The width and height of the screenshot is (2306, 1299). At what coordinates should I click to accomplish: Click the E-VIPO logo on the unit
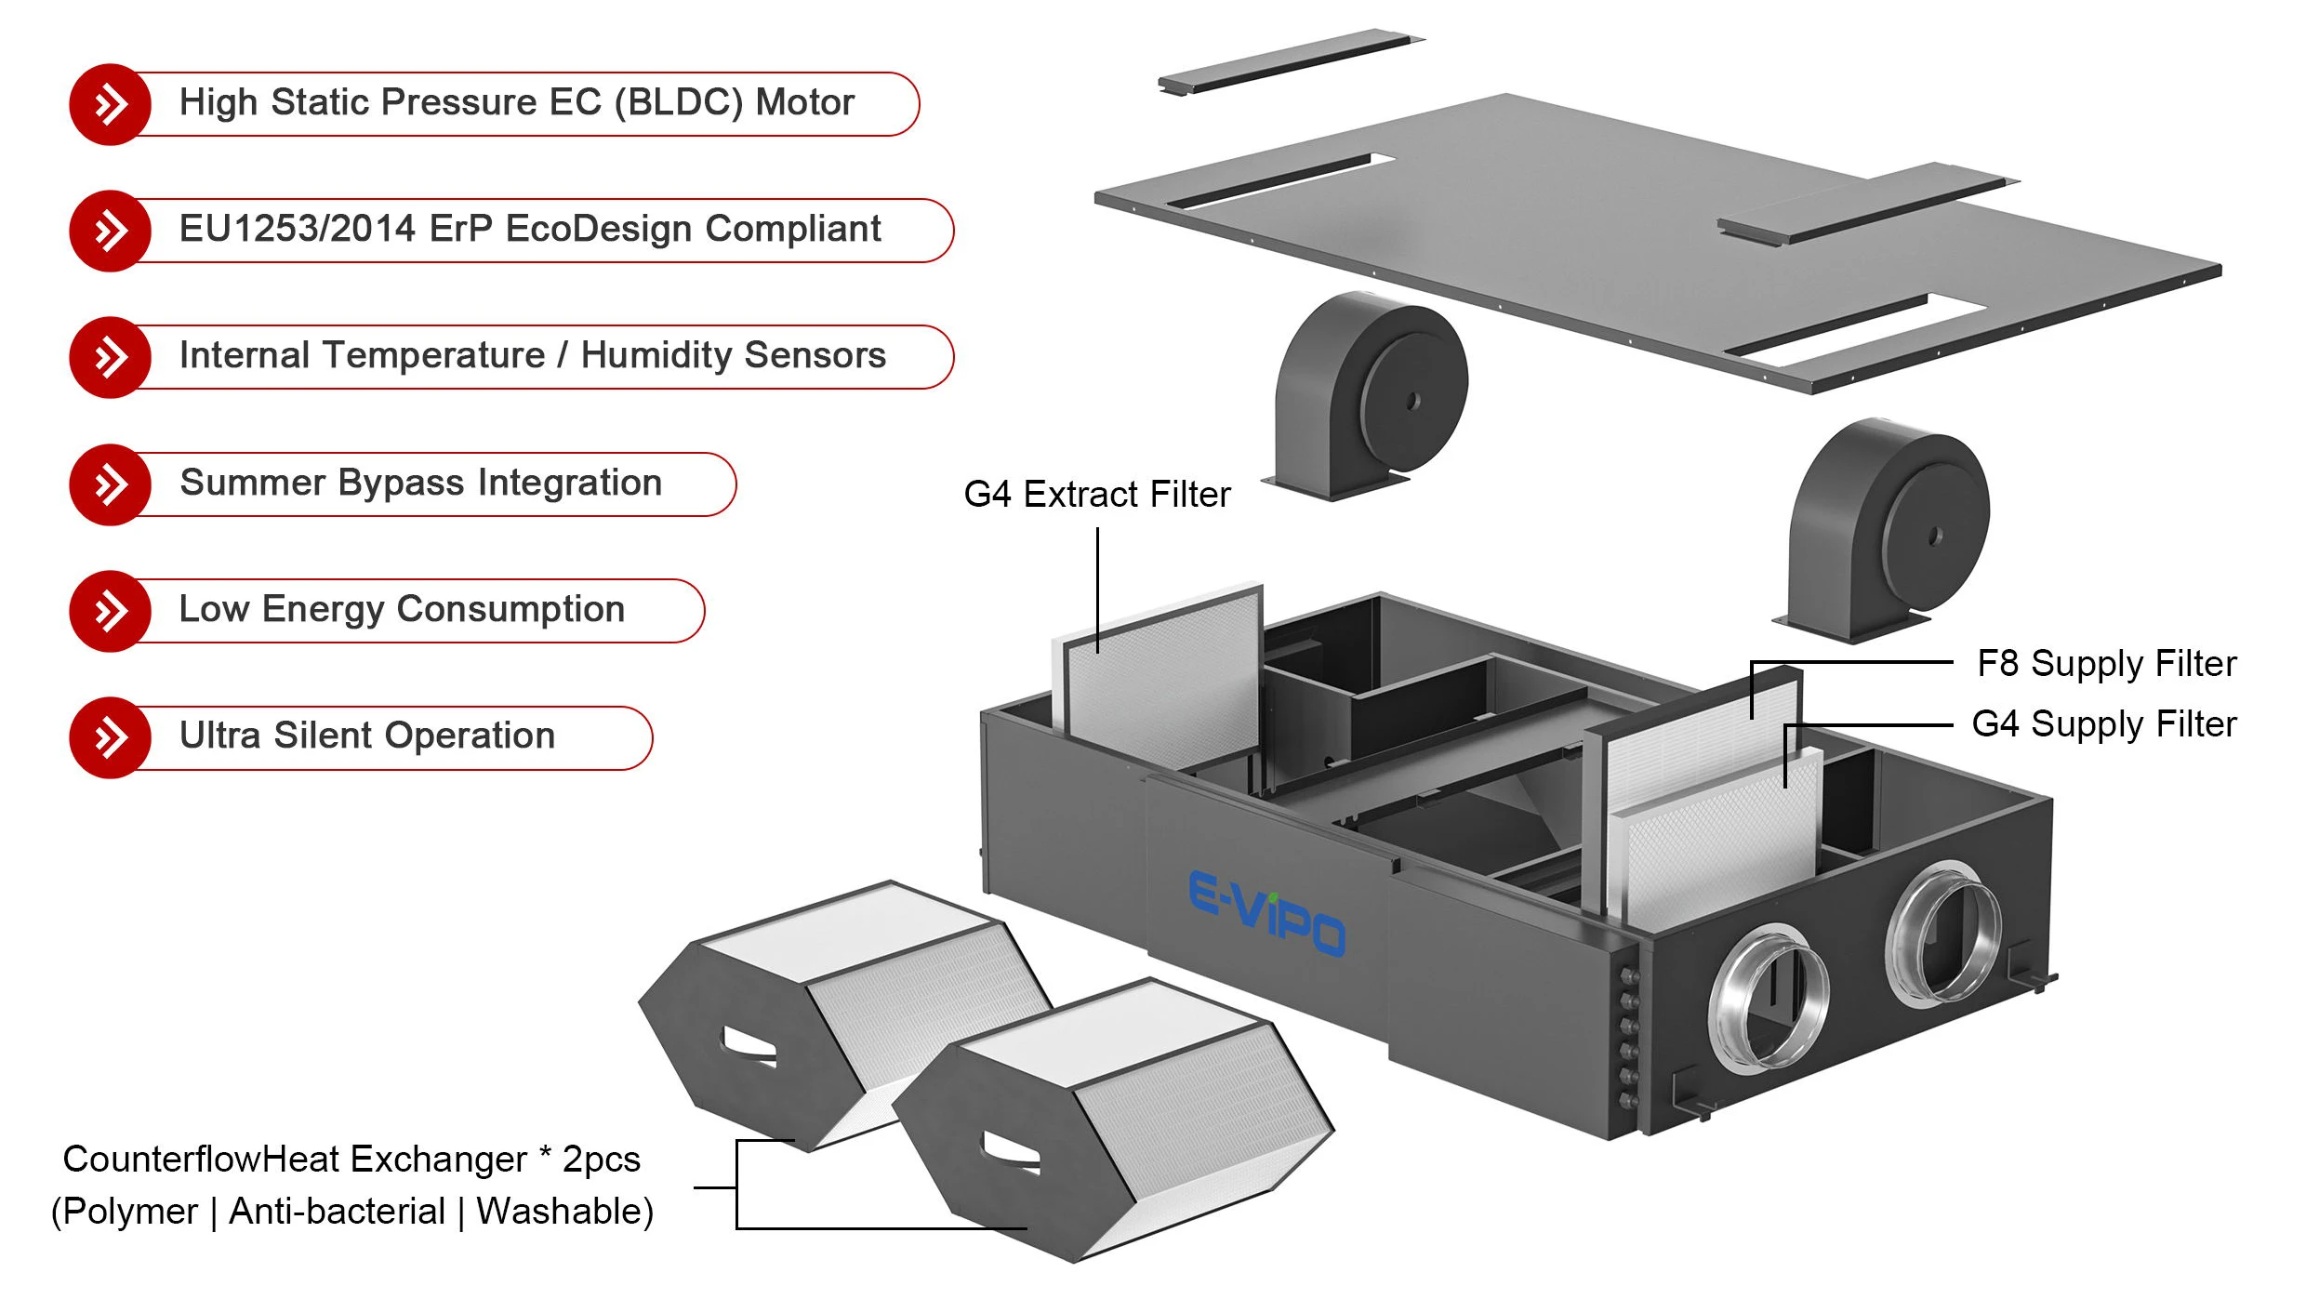(x=1266, y=913)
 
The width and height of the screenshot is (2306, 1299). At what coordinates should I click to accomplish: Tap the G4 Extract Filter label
(x=1096, y=494)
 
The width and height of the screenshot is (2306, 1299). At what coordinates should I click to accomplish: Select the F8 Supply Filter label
(x=2105, y=664)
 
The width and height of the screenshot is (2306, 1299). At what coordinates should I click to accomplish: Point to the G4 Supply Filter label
(x=2103, y=724)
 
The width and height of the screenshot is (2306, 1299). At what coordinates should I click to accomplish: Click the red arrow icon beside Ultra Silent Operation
(x=110, y=737)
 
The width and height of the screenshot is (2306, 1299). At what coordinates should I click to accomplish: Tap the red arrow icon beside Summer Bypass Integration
(x=110, y=484)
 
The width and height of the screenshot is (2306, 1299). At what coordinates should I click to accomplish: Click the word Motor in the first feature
(x=804, y=102)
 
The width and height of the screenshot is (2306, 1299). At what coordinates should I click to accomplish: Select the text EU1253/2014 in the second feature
(x=297, y=229)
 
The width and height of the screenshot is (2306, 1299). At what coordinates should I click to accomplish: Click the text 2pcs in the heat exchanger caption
(x=601, y=1160)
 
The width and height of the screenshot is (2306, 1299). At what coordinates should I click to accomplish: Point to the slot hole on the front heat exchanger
(x=1012, y=1153)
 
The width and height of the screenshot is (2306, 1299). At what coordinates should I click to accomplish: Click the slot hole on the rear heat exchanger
(x=749, y=1045)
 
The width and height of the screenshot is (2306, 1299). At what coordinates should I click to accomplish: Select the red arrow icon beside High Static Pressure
(x=110, y=104)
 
